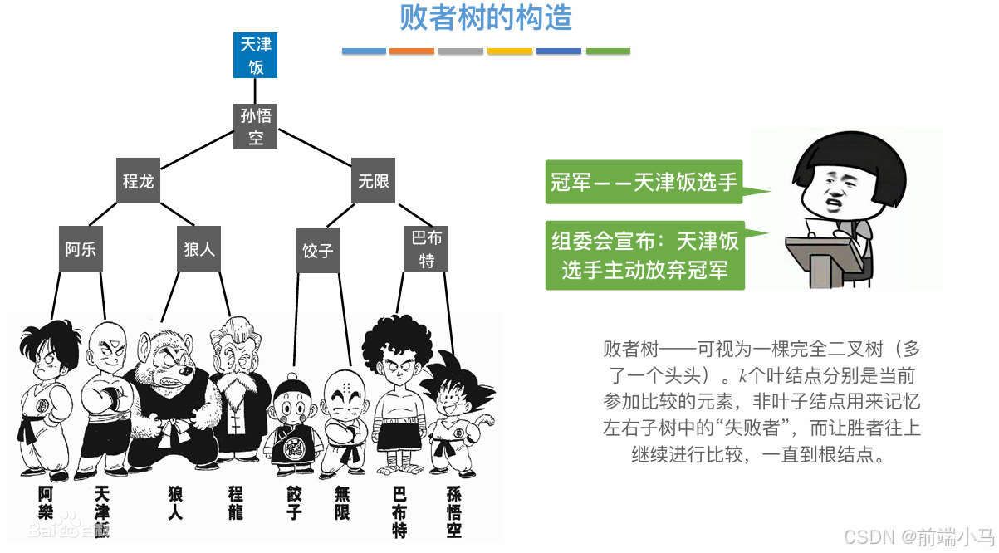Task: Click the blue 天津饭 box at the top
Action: coord(255,55)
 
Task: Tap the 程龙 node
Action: coord(138,180)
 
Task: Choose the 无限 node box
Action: coord(373,180)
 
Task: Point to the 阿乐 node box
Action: coord(81,248)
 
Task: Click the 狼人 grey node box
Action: coord(198,248)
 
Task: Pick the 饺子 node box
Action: coord(317,250)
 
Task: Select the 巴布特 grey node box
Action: coord(427,248)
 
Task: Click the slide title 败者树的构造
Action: coord(486,17)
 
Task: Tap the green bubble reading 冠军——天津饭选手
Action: coord(644,182)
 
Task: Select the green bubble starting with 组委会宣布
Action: coord(644,255)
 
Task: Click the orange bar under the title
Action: coord(412,51)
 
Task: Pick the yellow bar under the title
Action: coord(510,51)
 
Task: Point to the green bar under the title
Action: coord(608,51)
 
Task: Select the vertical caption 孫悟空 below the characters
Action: coord(453,511)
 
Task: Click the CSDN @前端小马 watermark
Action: coord(918,536)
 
